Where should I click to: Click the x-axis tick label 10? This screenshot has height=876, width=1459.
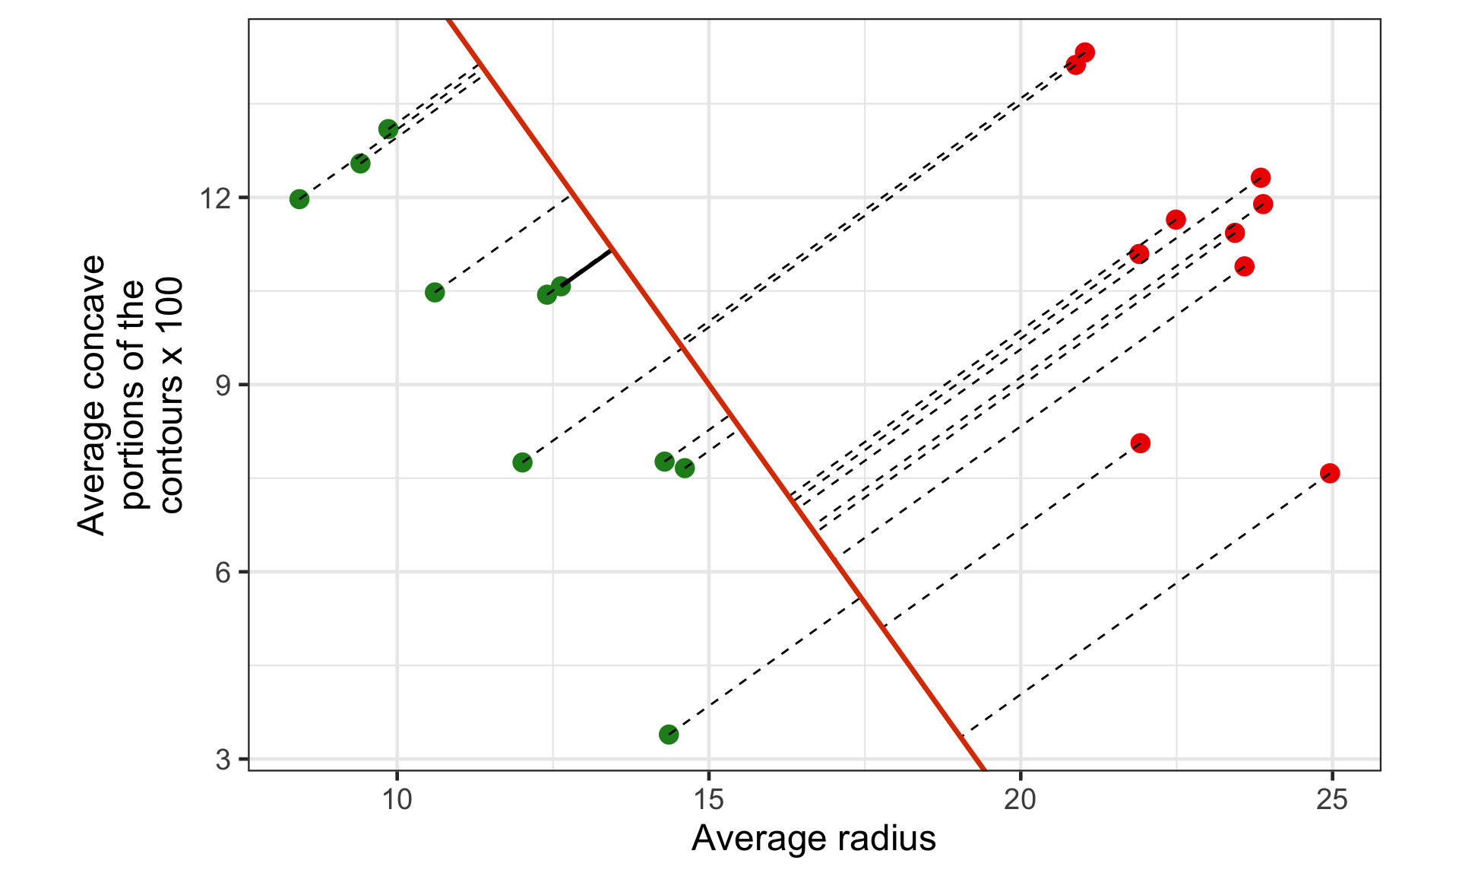(x=397, y=800)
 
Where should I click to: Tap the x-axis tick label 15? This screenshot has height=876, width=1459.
(x=709, y=800)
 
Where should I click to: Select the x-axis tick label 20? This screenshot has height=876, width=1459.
(x=1021, y=800)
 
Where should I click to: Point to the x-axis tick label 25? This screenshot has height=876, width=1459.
(x=1331, y=800)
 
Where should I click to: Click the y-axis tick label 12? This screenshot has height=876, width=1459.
(x=215, y=198)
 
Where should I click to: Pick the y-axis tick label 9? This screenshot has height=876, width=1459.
(x=223, y=386)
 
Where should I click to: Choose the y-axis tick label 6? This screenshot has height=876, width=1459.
(x=223, y=573)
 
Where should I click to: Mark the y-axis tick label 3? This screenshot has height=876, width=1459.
(x=223, y=760)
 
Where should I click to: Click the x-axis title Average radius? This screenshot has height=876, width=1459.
(x=813, y=839)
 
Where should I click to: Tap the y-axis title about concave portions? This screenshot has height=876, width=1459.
(x=131, y=395)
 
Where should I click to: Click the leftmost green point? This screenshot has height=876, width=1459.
(x=299, y=199)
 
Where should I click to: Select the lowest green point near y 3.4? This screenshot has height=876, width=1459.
(x=669, y=735)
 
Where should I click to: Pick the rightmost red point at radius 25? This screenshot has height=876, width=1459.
(x=1330, y=474)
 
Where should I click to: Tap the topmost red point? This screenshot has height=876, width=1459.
(x=1085, y=52)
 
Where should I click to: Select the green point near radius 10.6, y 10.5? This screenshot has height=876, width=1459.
(x=435, y=293)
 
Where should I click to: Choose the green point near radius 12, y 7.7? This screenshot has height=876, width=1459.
(x=522, y=462)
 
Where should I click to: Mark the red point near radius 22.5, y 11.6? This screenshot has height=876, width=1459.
(x=1176, y=221)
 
